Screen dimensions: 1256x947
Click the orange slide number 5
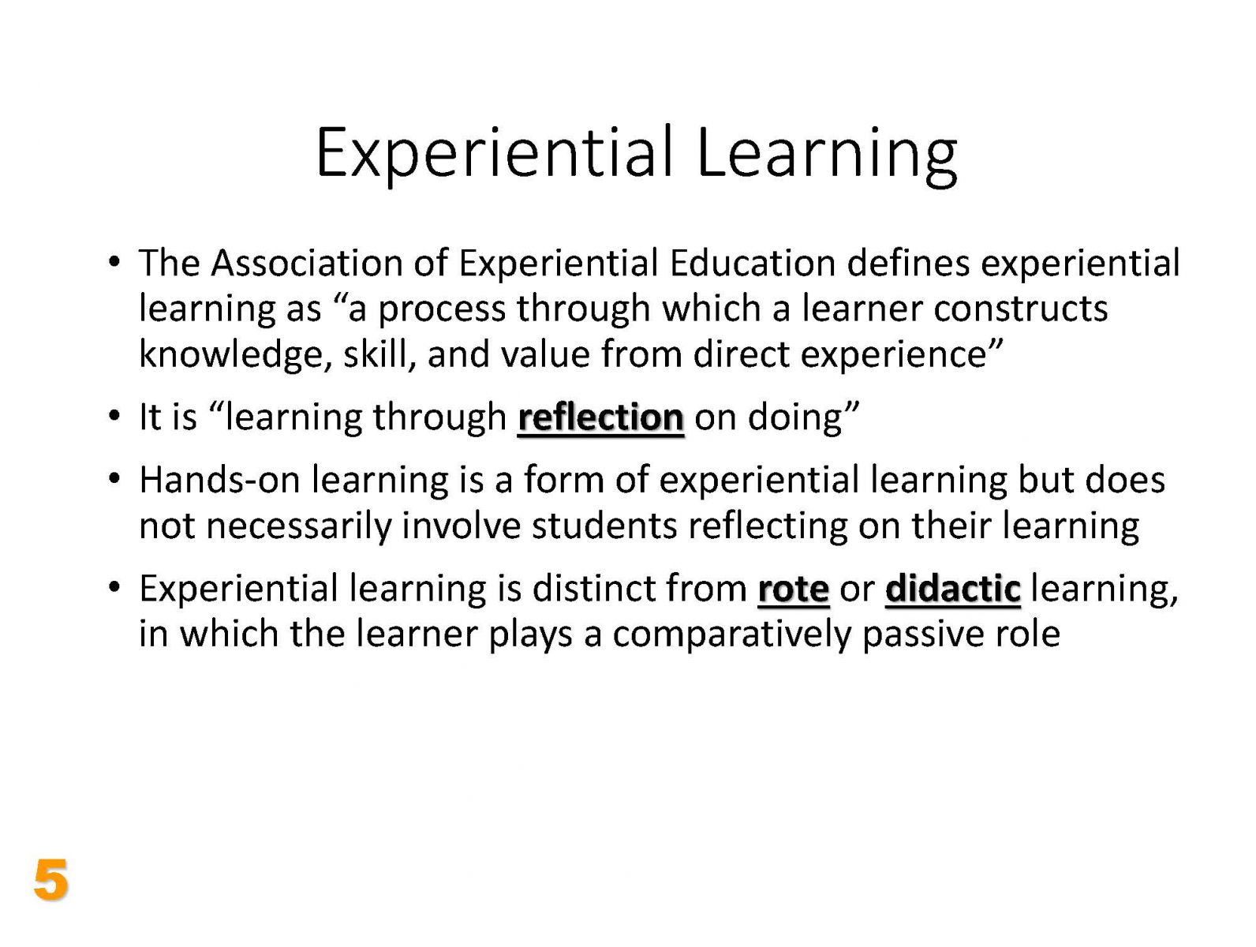[51, 879]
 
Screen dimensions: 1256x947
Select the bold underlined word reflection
[600, 417]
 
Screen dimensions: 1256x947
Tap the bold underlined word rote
[793, 589]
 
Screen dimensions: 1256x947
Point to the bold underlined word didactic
[953, 589]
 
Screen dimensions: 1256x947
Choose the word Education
[753, 264]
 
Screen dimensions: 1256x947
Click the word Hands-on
[220, 480]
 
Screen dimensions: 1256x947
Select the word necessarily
[299, 526]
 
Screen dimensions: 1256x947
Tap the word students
[605, 526]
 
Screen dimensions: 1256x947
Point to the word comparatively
[733, 635]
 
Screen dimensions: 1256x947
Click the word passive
[924, 635]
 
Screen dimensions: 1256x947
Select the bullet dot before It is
[114, 415]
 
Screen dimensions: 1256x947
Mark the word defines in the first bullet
[909, 264]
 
